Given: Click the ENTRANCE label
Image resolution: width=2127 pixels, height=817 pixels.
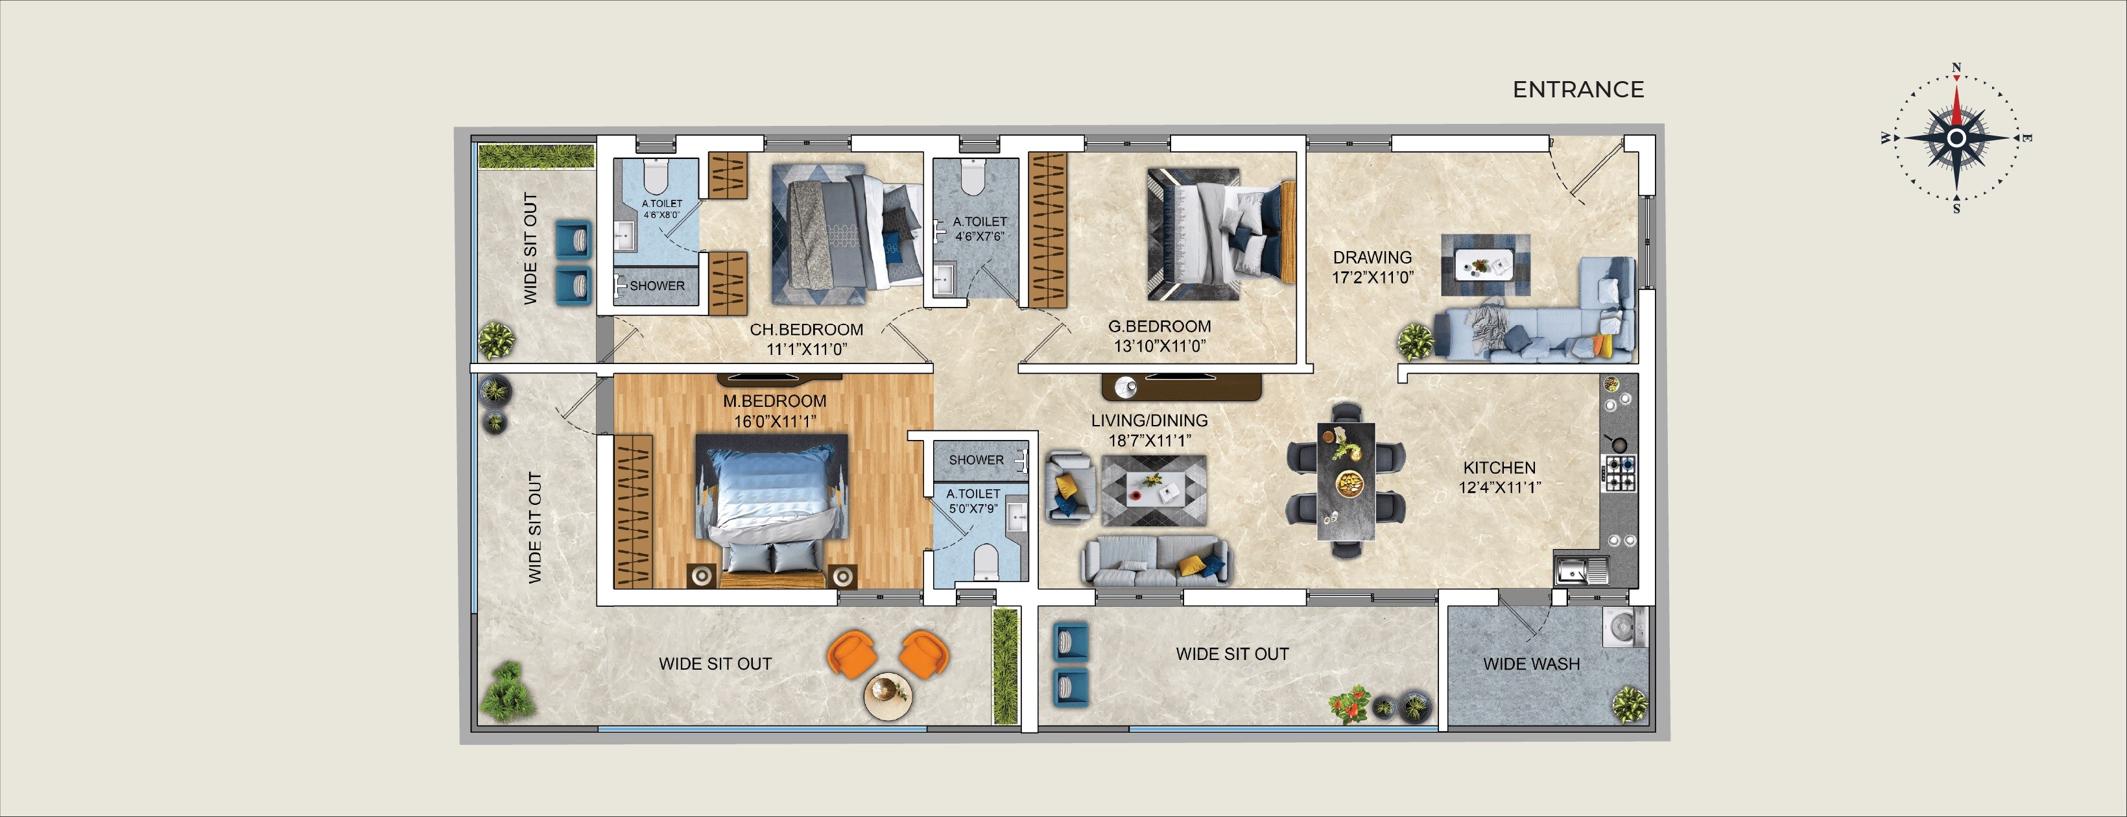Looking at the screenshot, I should [x=1578, y=89].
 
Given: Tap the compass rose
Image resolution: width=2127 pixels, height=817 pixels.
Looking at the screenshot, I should [x=1955, y=138].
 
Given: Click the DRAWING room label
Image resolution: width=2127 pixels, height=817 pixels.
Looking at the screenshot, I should [x=1372, y=258].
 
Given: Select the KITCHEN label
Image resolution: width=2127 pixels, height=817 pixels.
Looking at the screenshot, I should [x=1499, y=468].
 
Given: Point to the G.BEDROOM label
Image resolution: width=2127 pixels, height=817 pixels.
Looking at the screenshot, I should [x=1159, y=326].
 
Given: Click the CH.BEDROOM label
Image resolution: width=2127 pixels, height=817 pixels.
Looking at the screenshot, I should [x=806, y=330].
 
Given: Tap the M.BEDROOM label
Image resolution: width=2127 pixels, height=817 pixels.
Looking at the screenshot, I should [x=774, y=400].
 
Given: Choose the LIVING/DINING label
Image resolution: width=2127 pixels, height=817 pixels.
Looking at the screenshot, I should [x=1149, y=421].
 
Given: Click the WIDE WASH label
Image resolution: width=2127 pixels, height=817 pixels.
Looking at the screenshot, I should [x=1531, y=664].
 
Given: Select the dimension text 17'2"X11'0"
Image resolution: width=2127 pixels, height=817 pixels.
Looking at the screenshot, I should [x=1372, y=278].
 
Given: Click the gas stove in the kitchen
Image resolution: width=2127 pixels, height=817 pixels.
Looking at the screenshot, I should [x=1619, y=473].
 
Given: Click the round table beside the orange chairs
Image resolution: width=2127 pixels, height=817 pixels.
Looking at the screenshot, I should [x=888, y=696].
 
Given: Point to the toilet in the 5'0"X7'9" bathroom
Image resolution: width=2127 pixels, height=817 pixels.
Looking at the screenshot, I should [x=986, y=563].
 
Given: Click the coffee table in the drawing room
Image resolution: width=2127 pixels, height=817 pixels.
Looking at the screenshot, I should [x=1486, y=264].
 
